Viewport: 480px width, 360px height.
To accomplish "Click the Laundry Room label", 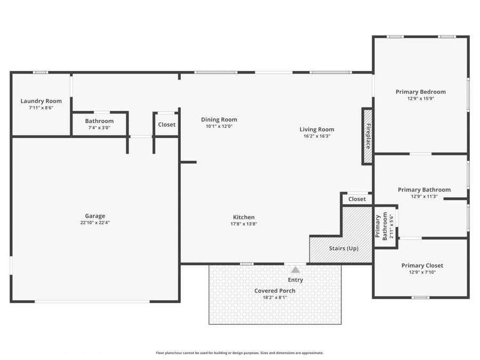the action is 41,101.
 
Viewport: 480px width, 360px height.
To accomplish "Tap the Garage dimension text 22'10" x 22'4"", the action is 95,222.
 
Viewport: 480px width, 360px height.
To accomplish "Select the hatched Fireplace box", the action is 367,136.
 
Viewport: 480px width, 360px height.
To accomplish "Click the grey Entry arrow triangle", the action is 295,270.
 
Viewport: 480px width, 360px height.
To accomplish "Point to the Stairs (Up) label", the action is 343,248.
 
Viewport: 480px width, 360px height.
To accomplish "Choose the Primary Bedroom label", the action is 421,92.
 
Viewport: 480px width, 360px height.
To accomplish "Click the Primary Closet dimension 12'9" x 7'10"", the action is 422,272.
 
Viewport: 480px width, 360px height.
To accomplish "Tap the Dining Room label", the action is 219,119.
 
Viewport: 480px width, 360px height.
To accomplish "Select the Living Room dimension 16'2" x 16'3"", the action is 317,136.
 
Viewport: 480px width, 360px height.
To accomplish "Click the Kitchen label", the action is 244,217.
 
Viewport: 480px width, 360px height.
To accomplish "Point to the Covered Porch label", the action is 275,291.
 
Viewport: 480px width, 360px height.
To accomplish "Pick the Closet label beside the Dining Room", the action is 166,125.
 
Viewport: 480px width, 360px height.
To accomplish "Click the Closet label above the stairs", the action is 357,199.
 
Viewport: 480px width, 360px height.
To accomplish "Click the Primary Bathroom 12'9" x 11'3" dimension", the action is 425,196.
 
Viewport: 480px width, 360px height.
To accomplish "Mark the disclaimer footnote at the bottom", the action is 239,353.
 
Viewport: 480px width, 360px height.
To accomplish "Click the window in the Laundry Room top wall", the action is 41,73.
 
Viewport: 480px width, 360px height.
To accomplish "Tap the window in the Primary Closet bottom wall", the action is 420,297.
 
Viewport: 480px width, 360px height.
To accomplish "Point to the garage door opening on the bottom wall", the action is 92,301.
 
